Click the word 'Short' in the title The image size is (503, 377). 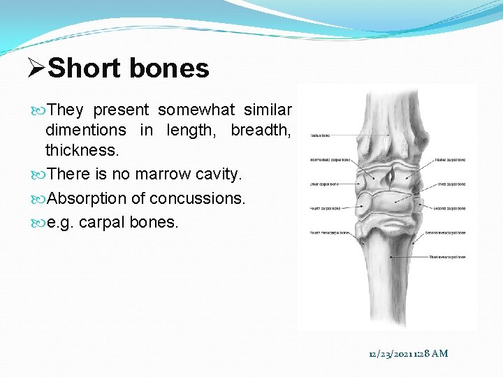(x=83, y=68)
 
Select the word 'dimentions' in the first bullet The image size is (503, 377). (x=86, y=131)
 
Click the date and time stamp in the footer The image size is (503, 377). (x=409, y=354)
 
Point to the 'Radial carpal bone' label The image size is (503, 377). (x=451, y=161)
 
